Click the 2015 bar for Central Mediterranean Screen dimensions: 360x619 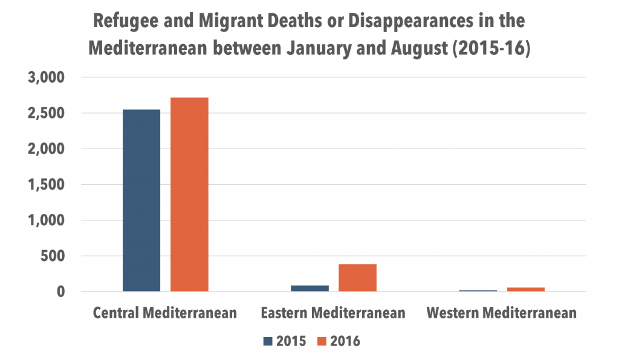141,201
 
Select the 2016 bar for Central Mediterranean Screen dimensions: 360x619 189,194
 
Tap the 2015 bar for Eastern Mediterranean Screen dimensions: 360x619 309,288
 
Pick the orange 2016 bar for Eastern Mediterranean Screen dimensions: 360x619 357,278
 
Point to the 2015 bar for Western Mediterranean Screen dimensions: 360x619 478,291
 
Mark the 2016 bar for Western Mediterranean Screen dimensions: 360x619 525,289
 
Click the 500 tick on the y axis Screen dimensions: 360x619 53,256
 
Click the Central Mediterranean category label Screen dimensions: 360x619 165,313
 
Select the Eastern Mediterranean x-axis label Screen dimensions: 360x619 333,313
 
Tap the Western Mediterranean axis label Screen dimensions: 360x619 501,313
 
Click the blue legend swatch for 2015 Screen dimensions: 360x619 268,341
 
